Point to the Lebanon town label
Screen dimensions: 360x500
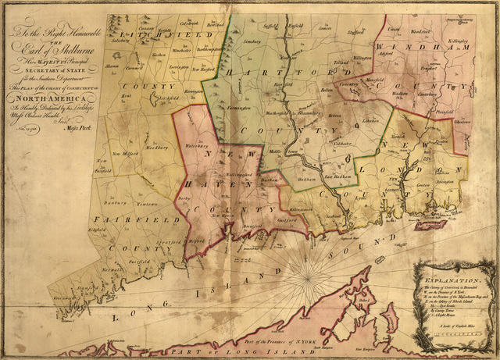point(370,122)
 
